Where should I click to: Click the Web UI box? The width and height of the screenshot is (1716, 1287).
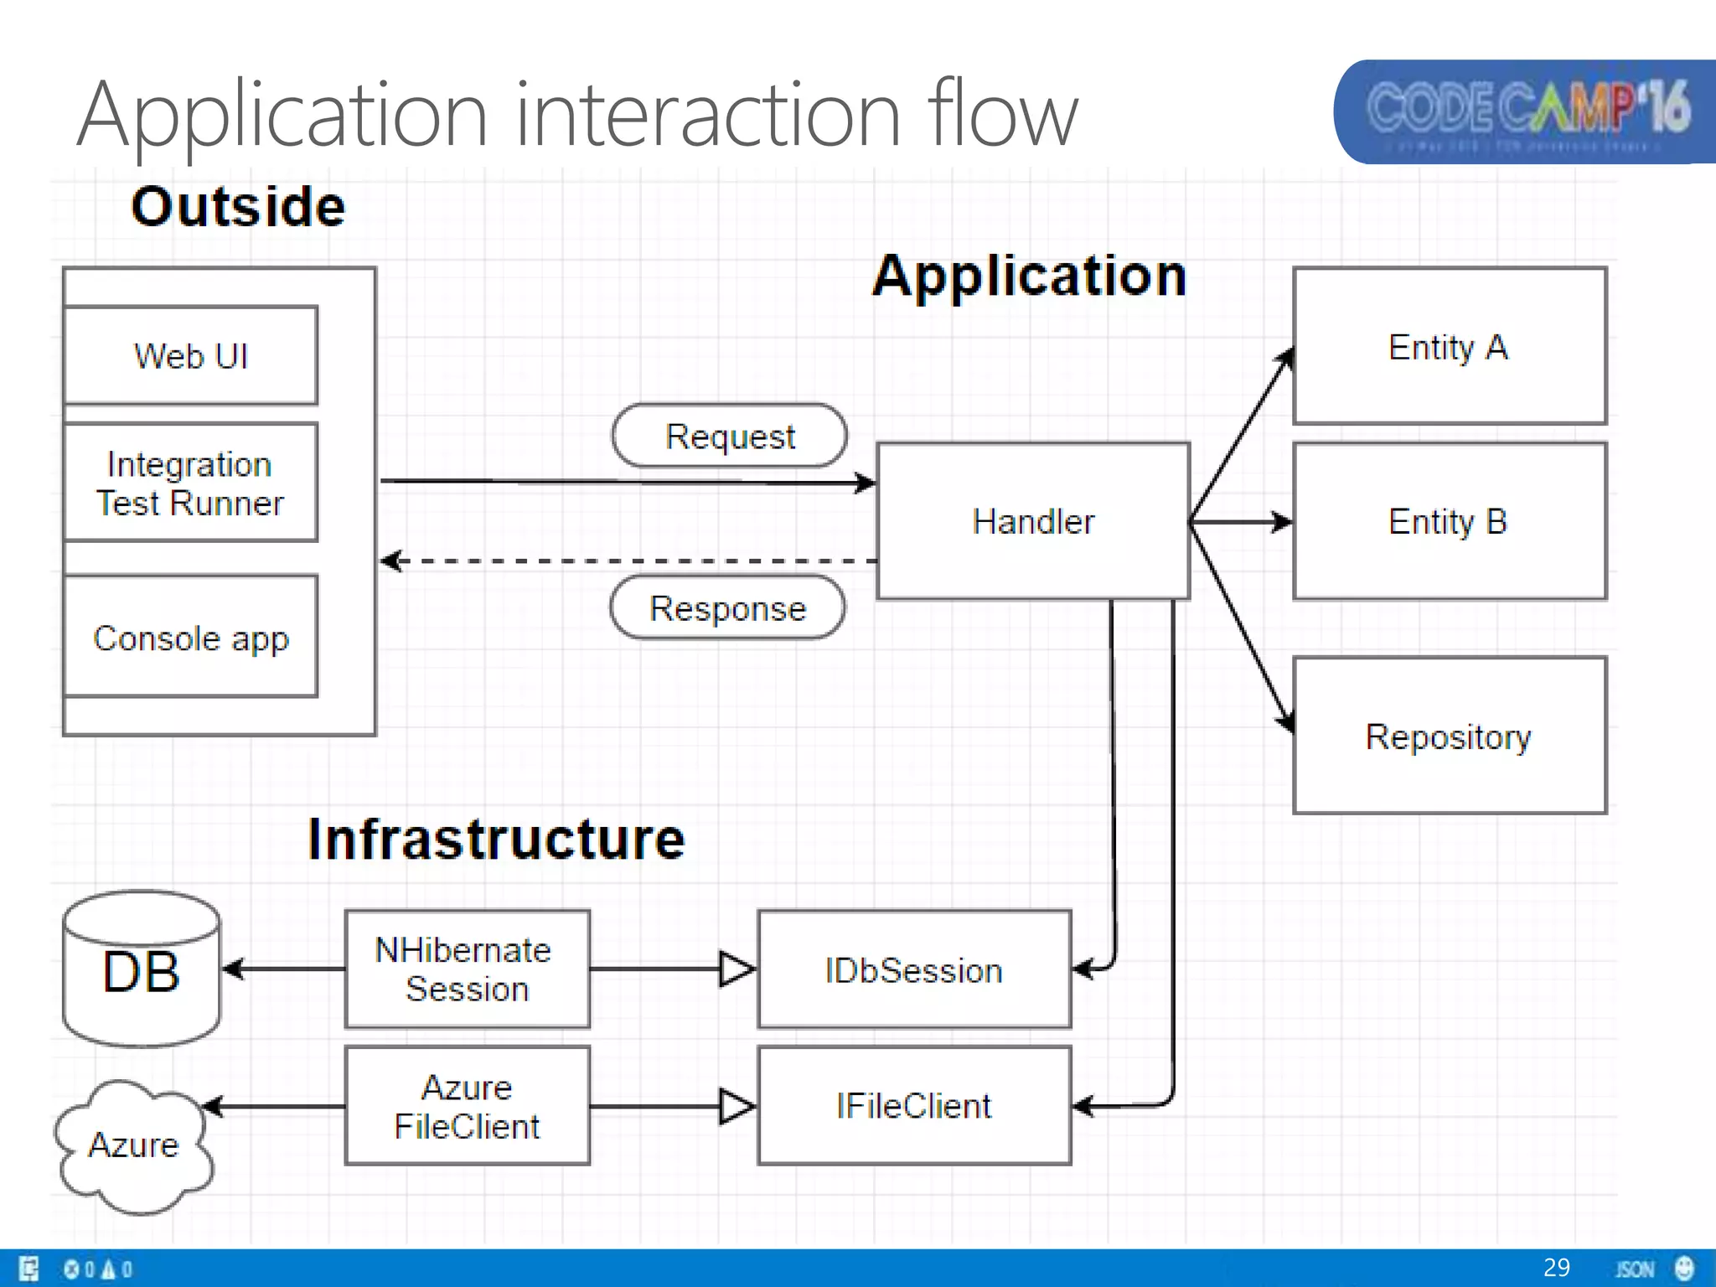191,355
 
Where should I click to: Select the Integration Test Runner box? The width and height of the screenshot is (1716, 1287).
191,483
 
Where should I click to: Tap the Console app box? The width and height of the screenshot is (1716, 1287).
191,637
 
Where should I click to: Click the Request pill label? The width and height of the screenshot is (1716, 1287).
729,436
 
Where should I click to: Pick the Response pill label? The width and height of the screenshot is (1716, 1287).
727,607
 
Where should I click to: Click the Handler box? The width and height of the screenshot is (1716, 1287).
1033,521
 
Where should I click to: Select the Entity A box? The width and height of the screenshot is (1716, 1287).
1449,346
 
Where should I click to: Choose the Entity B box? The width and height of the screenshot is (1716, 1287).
1449,521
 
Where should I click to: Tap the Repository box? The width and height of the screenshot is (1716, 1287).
1449,736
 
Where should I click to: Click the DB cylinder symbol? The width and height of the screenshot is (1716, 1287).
142,970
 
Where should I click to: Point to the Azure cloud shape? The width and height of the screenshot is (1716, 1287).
134,1146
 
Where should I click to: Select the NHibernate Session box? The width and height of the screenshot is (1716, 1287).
467,969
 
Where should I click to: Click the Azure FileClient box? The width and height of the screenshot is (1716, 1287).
467,1106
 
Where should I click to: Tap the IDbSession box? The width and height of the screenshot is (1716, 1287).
914,969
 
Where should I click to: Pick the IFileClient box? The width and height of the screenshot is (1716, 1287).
914,1106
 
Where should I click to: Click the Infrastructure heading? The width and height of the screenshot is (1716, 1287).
496,839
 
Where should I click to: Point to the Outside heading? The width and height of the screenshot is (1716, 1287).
238,206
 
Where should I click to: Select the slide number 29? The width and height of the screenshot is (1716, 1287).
1556,1267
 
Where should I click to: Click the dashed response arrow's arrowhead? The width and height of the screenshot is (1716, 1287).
390,561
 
